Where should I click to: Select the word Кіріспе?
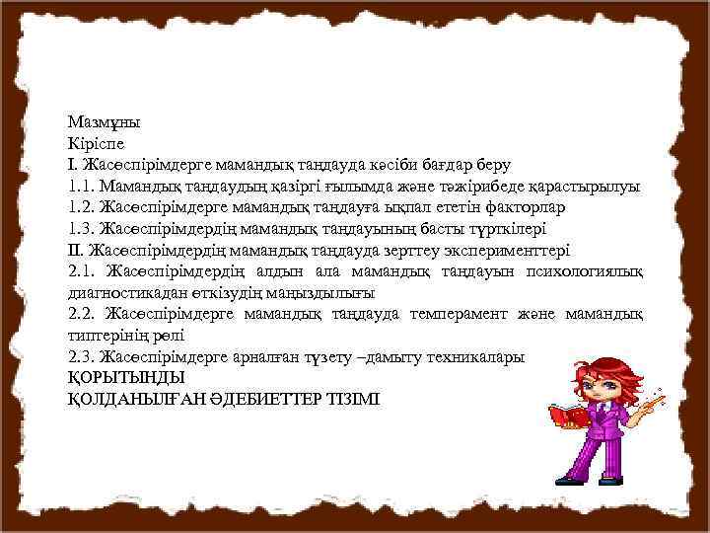point(99,143)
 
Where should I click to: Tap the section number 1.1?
point(80,186)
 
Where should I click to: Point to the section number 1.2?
point(80,207)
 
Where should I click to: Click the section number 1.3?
point(80,229)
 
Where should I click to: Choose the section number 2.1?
point(80,271)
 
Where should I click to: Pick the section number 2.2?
point(80,314)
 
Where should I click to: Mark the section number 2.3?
point(80,356)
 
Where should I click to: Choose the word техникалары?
point(471,356)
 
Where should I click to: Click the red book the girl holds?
point(569,416)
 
